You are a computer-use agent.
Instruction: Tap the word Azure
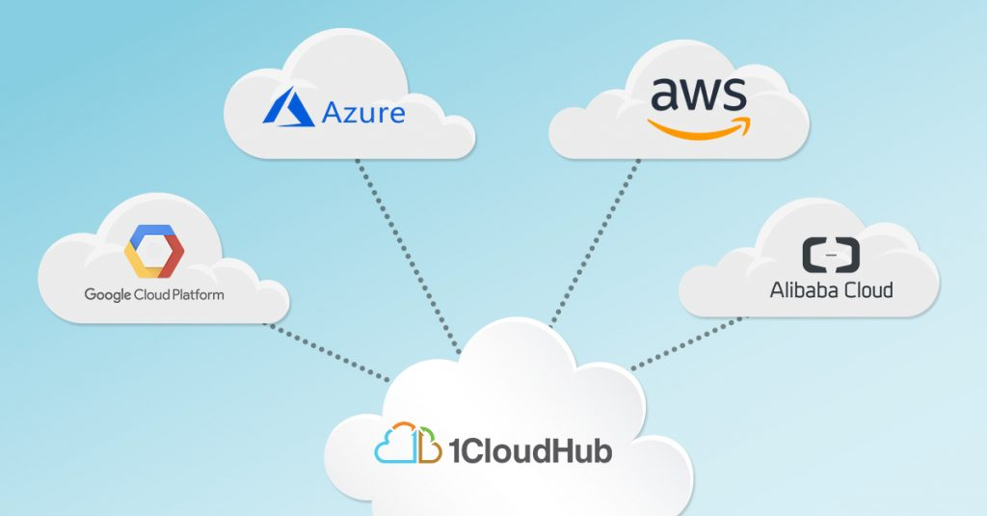pyautogui.click(x=362, y=113)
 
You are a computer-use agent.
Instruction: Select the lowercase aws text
pyautogui.click(x=699, y=95)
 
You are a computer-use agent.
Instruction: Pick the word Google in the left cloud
pyautogui.click(x=106, y=293)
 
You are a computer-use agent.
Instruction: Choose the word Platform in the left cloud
pyautogui.click(x=198, y=293)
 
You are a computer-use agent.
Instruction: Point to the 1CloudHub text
pyautogui.click(x=527, y=448)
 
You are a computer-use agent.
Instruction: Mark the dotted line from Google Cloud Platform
pyautogui.click(x=327, y=352)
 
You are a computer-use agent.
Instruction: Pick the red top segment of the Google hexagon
pyautogui.click(x=154, y=231)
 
